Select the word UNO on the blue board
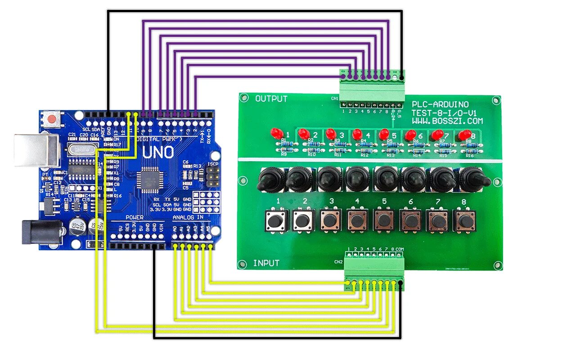158,153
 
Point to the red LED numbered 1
276,133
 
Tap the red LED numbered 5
384,134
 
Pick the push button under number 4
357,220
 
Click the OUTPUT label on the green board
271,99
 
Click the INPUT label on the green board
266,263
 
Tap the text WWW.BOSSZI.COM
447,121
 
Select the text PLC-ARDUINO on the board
440,104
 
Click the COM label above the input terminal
400,249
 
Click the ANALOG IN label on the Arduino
188,217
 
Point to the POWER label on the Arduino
134,217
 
